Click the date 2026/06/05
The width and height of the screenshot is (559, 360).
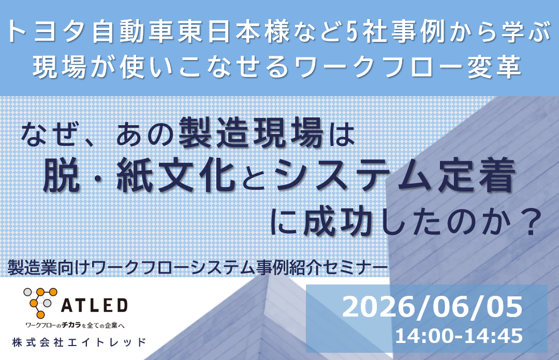point(432,307)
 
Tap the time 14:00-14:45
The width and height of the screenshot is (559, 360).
point(459,336)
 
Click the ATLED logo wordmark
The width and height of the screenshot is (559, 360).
point(95,306)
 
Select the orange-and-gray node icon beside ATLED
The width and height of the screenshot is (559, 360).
point(40,303)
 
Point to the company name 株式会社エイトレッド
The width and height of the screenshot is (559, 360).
point(79,342)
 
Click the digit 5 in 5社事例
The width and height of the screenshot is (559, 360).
point(352,32)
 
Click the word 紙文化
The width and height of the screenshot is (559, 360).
point(175,176)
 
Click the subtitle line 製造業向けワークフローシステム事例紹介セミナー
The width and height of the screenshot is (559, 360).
point(198,267)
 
